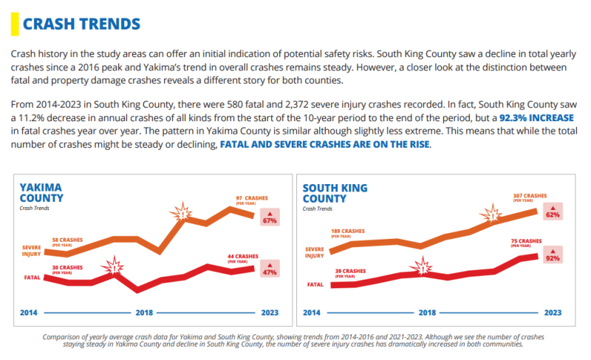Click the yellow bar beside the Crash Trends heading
click(13, 24)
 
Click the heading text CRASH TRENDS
click(81, 24)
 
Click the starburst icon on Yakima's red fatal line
click(114, 267)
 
